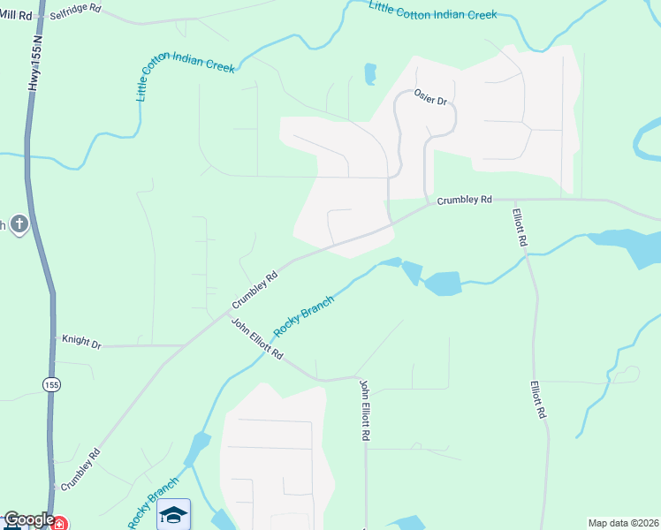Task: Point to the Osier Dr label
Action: (x=431, y=100)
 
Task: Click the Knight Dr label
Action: (x=81, y=340)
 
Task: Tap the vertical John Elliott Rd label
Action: (x=364, y=410)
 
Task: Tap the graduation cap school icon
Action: (x=174, y=514)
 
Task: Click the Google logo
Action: (x=28, y=520)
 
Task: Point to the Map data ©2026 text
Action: (x=623, y=523)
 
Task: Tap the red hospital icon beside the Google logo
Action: (x=58, y=523)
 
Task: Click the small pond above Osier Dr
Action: (x=370, y=74)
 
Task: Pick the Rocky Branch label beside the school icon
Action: (x=152, y=504)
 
